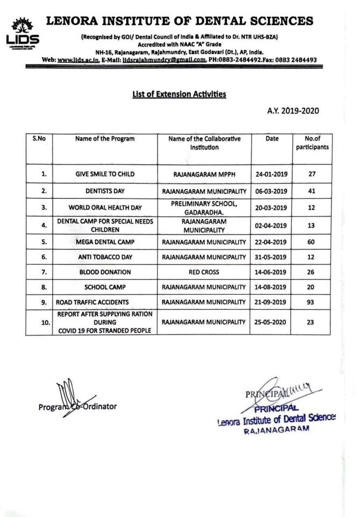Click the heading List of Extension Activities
point(179,94)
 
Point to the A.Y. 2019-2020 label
point(293,111)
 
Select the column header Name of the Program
point(105,139)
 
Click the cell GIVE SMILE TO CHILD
point(105,174)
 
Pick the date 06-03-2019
point(272,191)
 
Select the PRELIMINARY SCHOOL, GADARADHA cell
point(204,207)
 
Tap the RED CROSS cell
point(204,272)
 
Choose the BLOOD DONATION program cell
point(105,272)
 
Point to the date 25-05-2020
point(272,323)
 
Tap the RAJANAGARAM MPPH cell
point(204,174)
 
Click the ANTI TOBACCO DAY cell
point(105,257)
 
